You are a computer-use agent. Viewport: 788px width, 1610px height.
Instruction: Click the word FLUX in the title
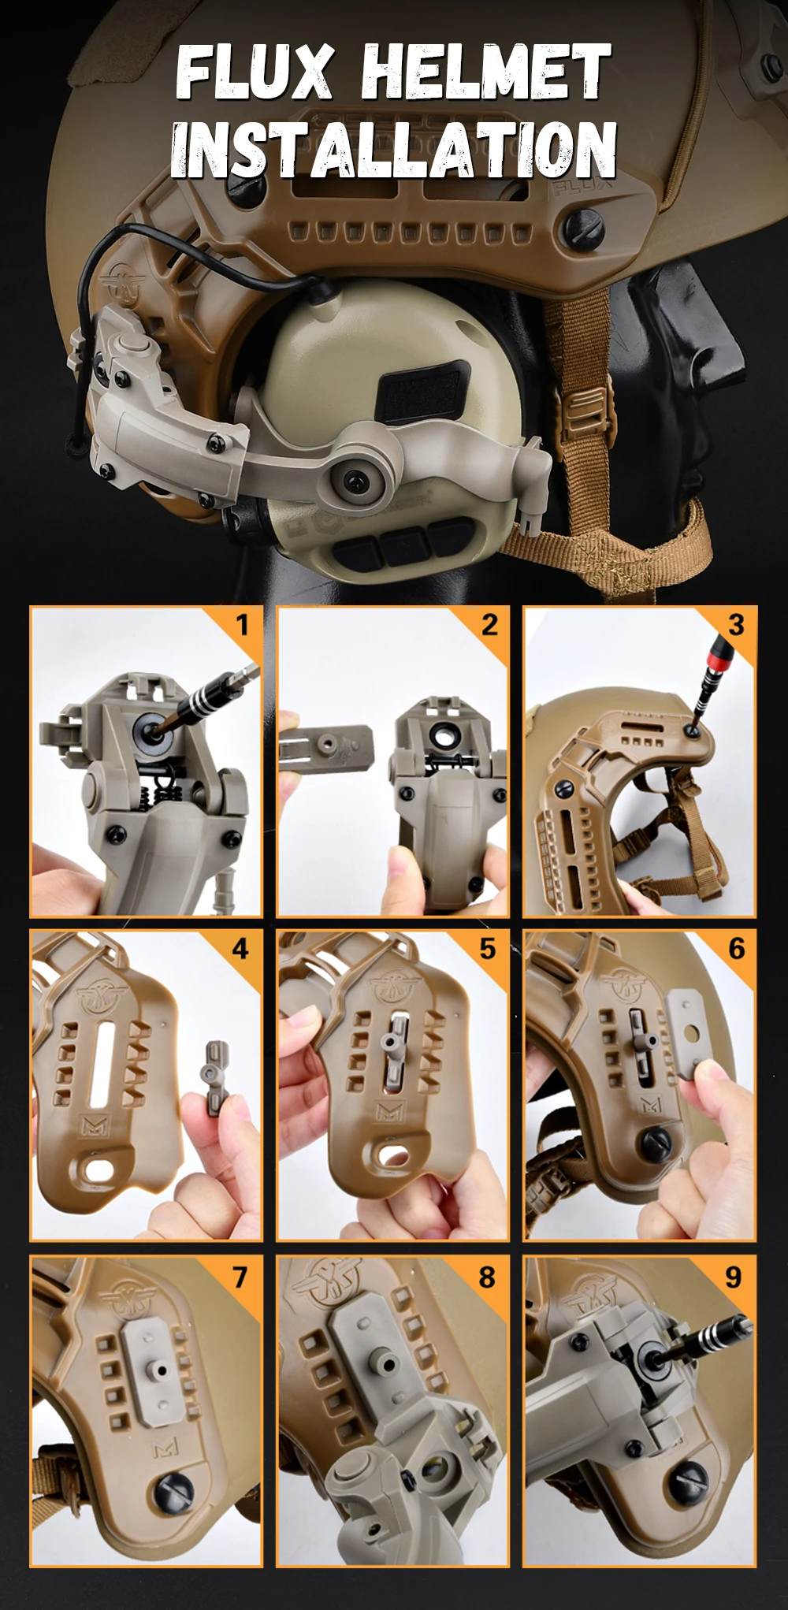coord(255,73)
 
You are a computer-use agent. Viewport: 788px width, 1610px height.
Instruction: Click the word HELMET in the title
coord(486,73)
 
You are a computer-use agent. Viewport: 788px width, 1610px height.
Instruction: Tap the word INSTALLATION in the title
coord(393,149)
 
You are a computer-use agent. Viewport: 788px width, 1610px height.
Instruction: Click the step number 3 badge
coord(736,625)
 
